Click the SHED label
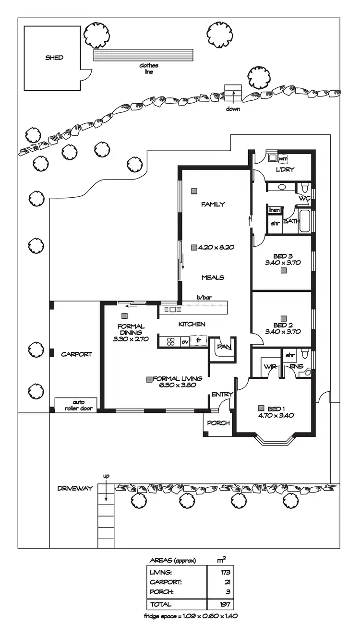[54, 58]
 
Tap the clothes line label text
[148, 68]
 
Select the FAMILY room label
[213, 204]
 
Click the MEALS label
[213, 277]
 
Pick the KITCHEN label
[192, 325]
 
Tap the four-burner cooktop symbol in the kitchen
[170, 342]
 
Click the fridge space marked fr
[198, 341]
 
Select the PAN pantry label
[223, 346]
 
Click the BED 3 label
[283, 256]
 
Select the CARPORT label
[76, 354]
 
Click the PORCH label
[218, 423]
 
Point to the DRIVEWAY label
[75, 488]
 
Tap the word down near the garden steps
[233, 109]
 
